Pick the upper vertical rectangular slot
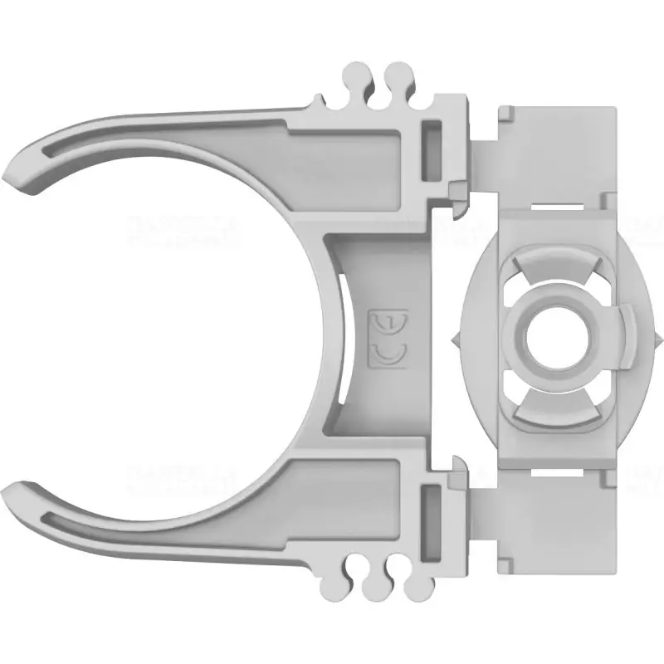click(x=432, y=151)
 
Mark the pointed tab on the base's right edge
click(x=657, y=340)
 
